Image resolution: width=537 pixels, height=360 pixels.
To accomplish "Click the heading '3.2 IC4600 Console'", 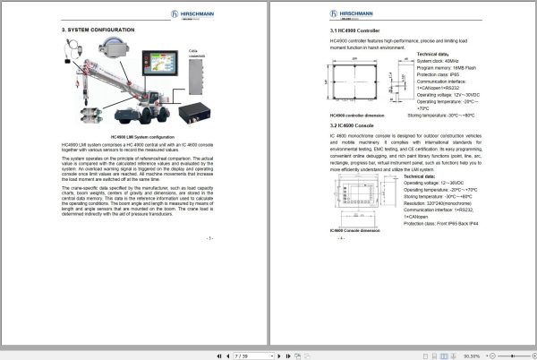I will coord(353,127).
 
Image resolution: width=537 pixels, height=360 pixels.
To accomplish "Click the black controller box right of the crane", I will coord(195,115).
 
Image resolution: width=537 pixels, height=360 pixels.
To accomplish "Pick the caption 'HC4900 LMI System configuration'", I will coord(134,136).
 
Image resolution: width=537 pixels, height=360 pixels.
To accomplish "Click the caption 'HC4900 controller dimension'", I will coord(359,115).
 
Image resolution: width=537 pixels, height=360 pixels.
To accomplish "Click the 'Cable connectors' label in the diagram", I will coord(199,55).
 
